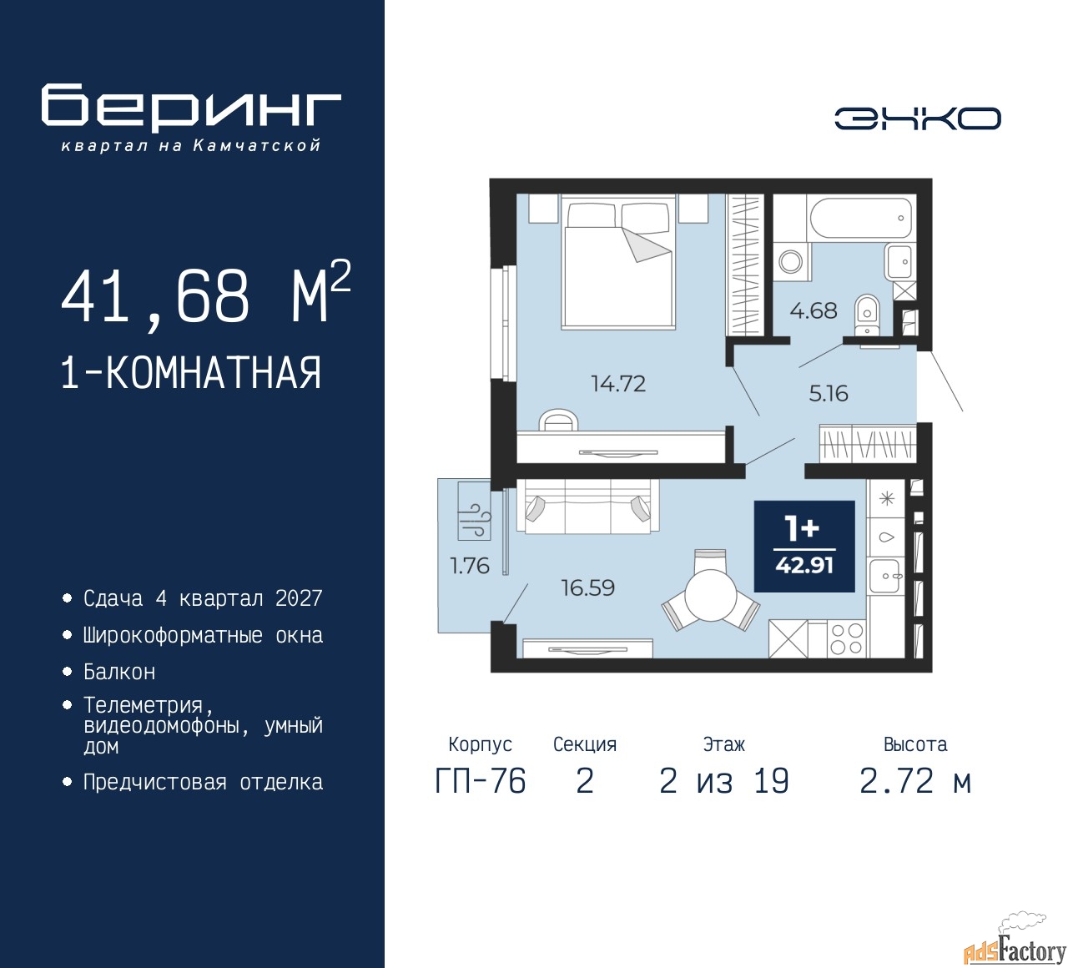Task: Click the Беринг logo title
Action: tap(191, 107)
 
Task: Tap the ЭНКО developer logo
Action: tap(917, 118)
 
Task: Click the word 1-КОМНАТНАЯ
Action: tap(191, 373)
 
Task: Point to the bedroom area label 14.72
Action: tap(618, 383)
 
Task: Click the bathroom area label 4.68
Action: tap(813, 310)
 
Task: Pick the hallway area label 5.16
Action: tap(828, 394)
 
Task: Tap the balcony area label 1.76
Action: tap(470, 566)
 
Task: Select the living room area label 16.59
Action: tap(587, 587)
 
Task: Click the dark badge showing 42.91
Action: tap(804, 547)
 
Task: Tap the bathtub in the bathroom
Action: tap(861, 219)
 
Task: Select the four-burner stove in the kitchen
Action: tap(847, 639)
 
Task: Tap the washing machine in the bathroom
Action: tap(791, 261)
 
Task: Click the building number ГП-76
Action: tap(481, 781)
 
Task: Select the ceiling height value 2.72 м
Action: tap(915, 781)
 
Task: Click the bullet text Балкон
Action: tap(120, 672)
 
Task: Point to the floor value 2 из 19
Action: tap(723, 781)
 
